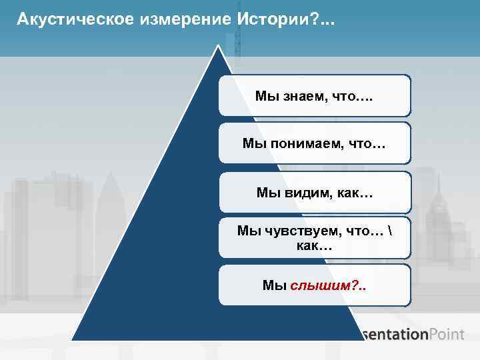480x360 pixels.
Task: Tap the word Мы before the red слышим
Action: pos(274,285)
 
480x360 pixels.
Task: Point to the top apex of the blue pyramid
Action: pos(217,47)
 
